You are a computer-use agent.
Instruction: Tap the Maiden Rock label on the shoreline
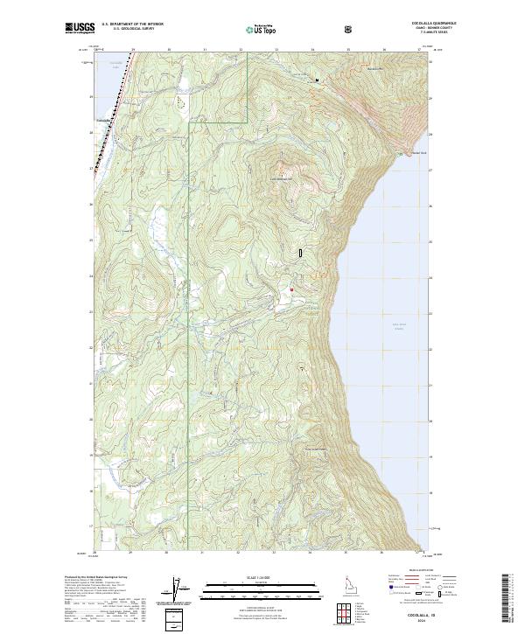[x=407, y=155]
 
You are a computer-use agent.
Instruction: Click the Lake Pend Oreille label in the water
[x=400, y=326]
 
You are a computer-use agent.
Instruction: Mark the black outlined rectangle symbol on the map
[x=300, y=251]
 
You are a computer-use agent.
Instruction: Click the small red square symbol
[x=290, y=289]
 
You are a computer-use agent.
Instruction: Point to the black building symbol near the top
[x=317, y=81]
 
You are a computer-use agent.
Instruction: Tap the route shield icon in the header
[x=350, y=29]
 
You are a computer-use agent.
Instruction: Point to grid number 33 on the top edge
[x=276, y=50]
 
